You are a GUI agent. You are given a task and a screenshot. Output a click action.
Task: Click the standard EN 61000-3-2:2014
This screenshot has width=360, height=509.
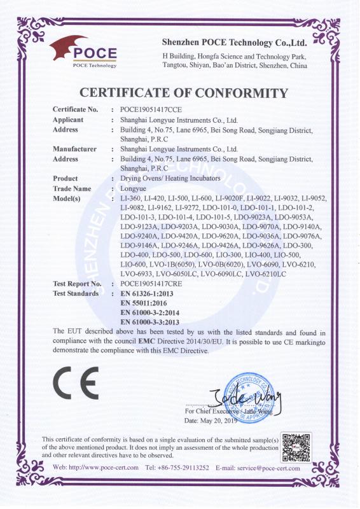(x=153, y=313)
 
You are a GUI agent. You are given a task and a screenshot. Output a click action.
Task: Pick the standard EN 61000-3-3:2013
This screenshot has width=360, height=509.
(x=153, y=323)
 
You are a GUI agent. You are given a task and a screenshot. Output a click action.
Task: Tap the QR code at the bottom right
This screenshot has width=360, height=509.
(x=297, y=448)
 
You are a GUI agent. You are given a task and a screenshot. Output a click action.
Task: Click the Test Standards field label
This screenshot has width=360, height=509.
(x=75, y=293)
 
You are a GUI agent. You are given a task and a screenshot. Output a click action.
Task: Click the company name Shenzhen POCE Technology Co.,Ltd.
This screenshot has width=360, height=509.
(x=235, y=43)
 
